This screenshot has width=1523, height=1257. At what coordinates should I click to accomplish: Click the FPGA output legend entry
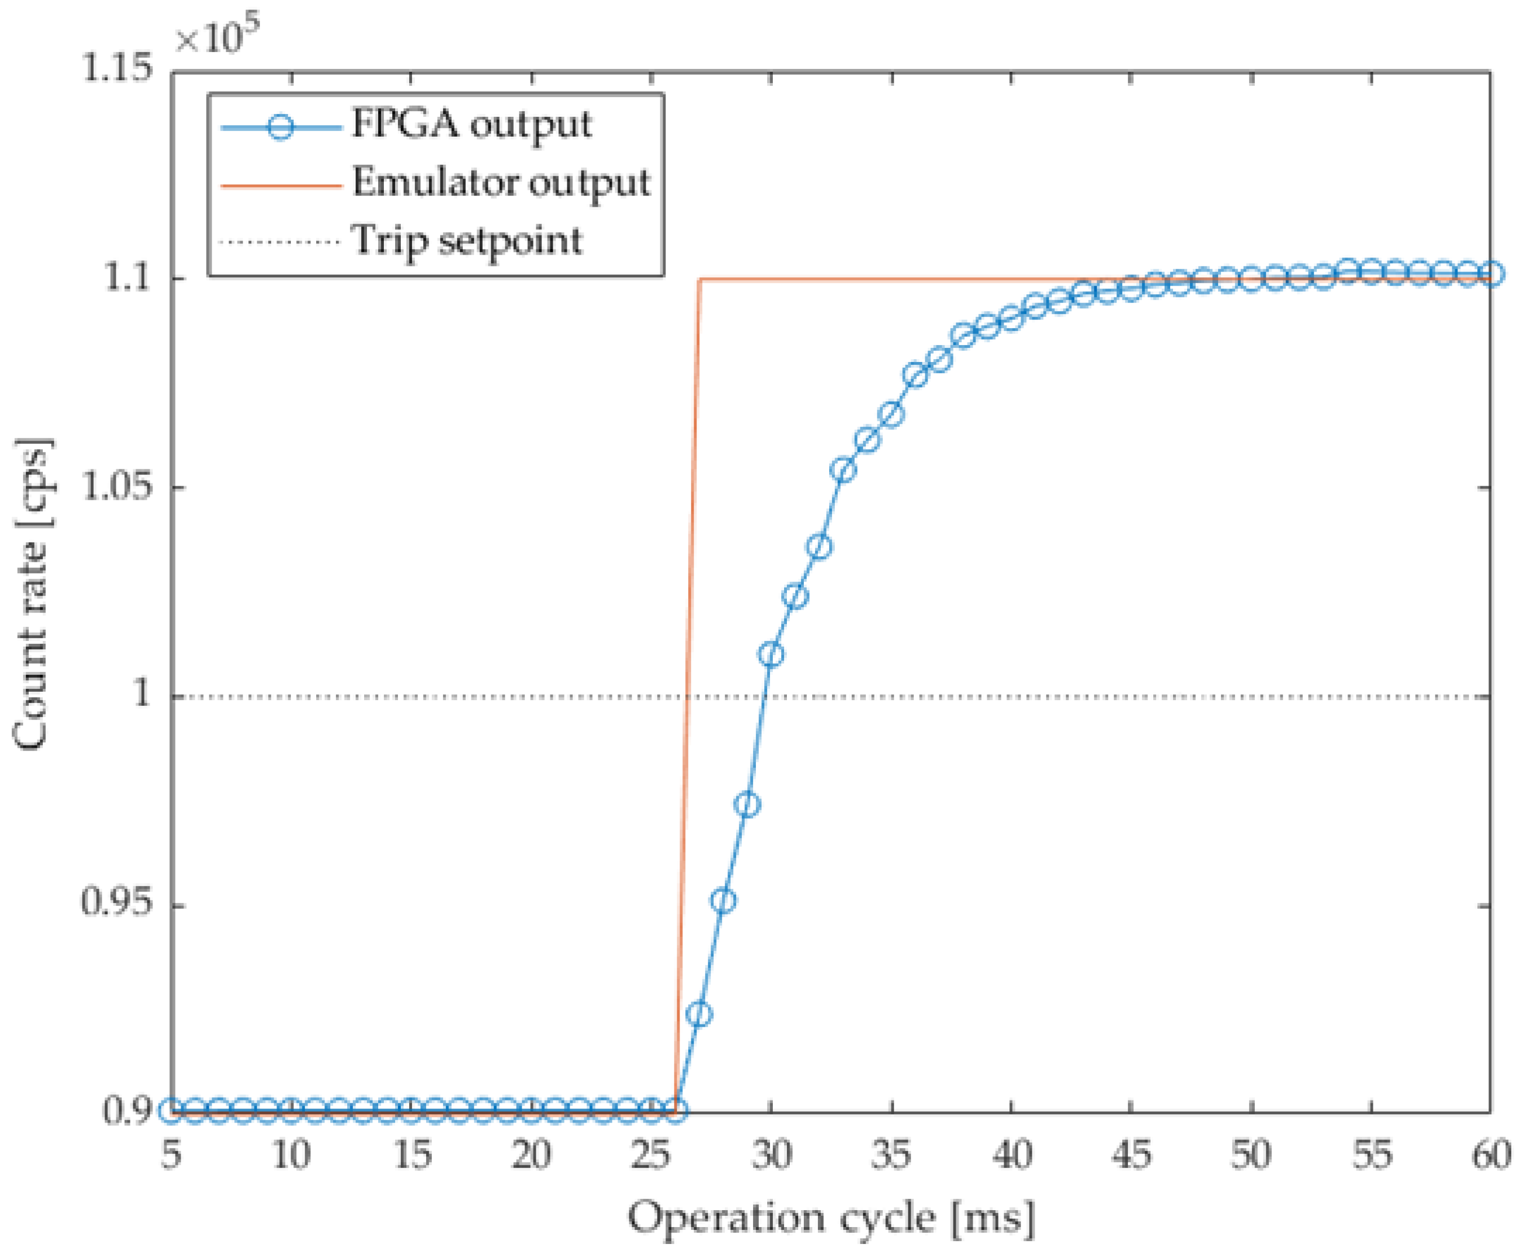point(471,125)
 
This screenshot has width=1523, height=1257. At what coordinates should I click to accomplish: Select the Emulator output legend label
point(501,182)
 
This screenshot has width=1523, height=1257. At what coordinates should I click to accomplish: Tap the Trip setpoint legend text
point(466,241)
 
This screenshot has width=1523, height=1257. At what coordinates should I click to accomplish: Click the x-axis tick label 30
point(771,1154)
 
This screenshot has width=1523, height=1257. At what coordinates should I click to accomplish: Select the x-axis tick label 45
point(1131,1154)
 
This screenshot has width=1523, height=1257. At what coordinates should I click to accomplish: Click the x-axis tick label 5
point(171,1154)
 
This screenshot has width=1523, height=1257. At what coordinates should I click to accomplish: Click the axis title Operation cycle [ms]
point(830,1219)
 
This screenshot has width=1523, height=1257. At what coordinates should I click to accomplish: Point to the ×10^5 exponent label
point(217,36)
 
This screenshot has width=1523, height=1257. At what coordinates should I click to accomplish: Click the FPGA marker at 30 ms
point(771,654)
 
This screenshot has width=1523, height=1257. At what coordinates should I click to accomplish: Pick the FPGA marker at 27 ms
point(698,1014)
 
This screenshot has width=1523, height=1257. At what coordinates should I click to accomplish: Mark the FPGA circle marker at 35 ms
point(891,414)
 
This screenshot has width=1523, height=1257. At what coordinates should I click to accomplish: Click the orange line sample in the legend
point(281,185)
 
